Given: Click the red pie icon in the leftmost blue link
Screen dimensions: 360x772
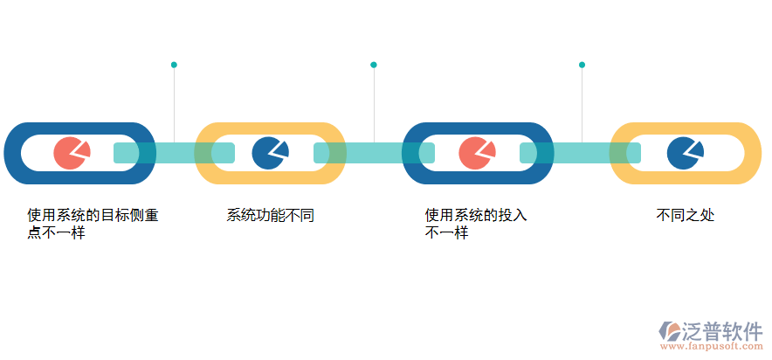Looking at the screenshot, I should pos(72,153).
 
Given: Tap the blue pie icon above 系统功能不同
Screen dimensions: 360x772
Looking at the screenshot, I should pos(270,153).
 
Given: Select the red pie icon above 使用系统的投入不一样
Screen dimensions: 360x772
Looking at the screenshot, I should pos(477,153).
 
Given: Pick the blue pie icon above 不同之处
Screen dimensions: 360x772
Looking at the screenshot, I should pos(685,153).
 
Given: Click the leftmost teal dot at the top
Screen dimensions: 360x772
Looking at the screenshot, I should pos(174,65).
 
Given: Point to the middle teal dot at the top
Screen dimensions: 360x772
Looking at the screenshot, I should pos(374,65).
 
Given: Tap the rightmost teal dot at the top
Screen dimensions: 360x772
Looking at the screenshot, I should pos(582,65).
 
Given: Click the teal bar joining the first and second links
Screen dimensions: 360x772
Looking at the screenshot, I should pos(175,153).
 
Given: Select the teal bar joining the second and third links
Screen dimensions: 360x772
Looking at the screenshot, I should pos(374,153).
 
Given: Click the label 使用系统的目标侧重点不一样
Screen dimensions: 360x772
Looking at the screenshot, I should pos(93,224).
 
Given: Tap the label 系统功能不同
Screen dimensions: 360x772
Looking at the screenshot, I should pos(270,215).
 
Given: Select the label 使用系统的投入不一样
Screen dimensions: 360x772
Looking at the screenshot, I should pos(476,224).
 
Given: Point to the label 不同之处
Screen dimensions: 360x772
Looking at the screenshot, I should pos(686,215).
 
